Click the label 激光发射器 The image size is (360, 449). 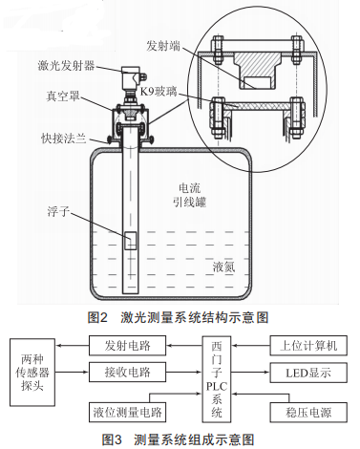pyautogui.click(x=66, y=66)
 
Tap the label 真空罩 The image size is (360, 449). pyautogui.click(x=63, y=96)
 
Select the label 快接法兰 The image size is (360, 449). pyautogui.click(x=64, y=139)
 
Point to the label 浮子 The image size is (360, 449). pyautogui.click(x=58, y=211)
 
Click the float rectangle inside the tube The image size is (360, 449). pyautogui.click(x=130, y=241)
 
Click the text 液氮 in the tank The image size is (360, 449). pyautogui.click(x=224, y=267)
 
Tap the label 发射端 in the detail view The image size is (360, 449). pyautogui.click(x=163, y=46)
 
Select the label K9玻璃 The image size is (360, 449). pyautogui.click(x=159, y=92)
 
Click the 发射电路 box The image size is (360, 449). pyautogui.click(x=127, y=346)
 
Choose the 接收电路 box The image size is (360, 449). pyautogui.click(x=127, y=372)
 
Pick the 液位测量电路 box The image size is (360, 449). pyautogui.click(x=127, y=413)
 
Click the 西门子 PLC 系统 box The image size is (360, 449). pyautogui.click(x=217, y=379)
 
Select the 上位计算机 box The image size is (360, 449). pyautogui.click(x=308, y=346)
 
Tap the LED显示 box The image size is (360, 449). pyautogui.click(x=308, y=373)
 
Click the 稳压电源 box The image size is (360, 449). pyautogui.click(x=308, y=413)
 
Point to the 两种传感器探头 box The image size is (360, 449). pyautogui.click(x=32, y=373)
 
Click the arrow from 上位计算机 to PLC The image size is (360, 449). pyautogui.click(x=250, y=346)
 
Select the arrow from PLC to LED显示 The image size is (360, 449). pyautogui.click(x=250, y=373)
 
